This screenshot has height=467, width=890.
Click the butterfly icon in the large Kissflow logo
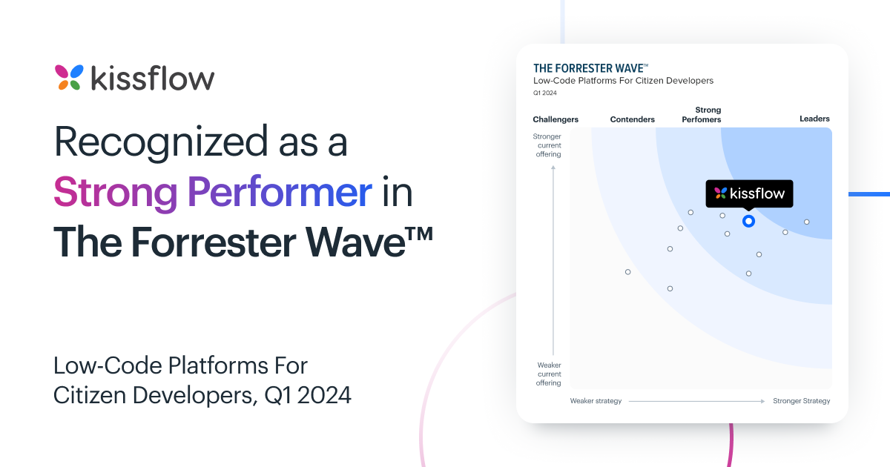pyautogui.click(x=69, y=77)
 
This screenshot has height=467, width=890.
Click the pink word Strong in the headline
pyautogui.click(x=115, y=193)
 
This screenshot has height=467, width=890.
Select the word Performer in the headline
pyautogui.click(x=280, y=192)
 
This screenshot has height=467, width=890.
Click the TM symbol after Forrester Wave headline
pyautogui.click(x=420, y=233)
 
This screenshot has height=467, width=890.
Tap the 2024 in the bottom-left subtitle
pyautogui.click(x=324, y=396)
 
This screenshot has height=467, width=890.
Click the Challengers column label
pyautogui.click(x=556, y=119)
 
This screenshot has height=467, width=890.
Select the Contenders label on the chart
pyautogui.click(x=632, y=119)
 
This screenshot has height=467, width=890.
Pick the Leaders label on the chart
pyautogui.click(x=814, y=119)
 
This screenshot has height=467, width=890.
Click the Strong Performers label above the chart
pyautogui.click(x=702, y=115)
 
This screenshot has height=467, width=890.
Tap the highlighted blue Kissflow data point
pyautogui.click(x=748, y=221)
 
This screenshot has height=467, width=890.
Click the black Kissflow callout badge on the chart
pyautogui.click(x=749, y=193)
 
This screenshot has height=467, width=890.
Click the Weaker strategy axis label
pyautogui.click(x=596, y=401)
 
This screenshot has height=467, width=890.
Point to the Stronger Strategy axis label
pyautogui.click(x=802, y=401)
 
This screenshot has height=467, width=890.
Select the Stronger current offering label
pyautogui.click(x=547, y=145)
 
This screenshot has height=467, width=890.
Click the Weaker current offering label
pyautogui.click(x=549, y=374)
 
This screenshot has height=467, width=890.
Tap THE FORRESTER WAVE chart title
pyautogui.click(x=590, y=68)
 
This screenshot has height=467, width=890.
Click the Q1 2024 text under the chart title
pyautogui.click(x=544, y=93)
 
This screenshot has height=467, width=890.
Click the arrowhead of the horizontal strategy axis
pyautogui.click(x=762, y=402)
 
